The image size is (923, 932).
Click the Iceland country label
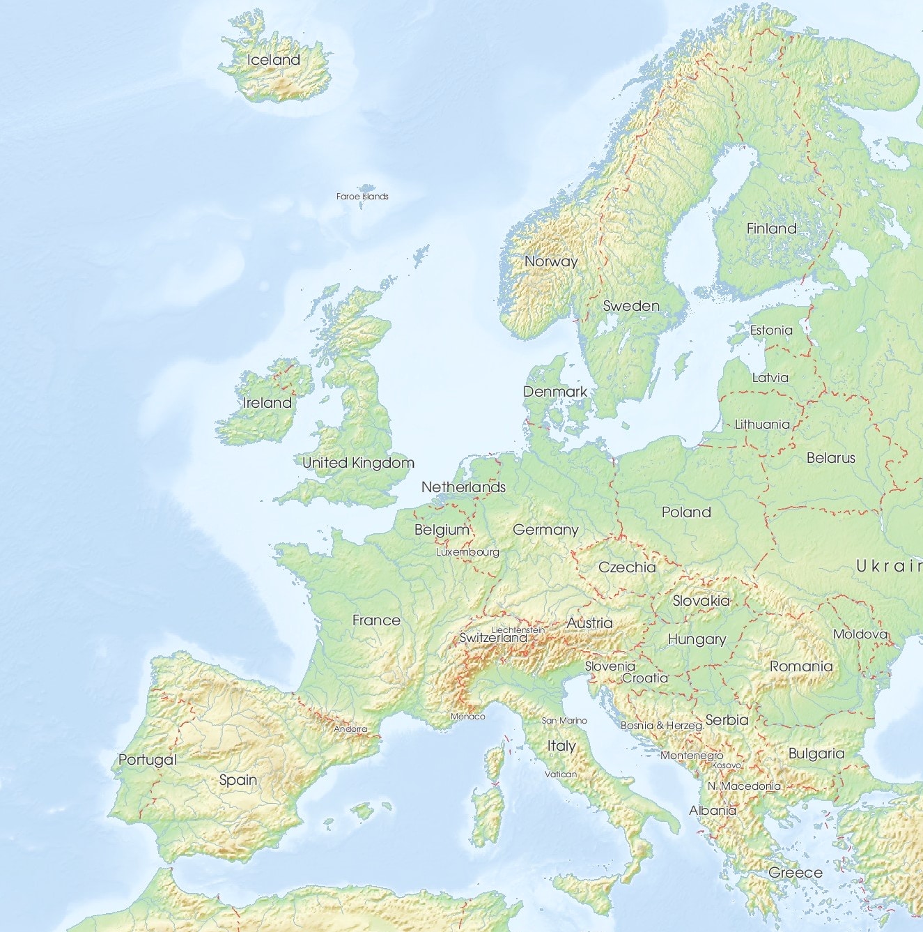coord(274,60)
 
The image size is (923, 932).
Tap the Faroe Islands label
coord(362,197)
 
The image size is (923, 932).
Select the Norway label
coord(551,261)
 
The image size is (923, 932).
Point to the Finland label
coord(771,228)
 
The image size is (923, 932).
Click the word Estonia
coord(771,330)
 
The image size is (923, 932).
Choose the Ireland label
coord(267,403)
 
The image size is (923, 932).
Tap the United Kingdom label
coord(358,463)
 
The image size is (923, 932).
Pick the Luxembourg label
coord(467,552)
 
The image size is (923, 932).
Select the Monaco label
coord(467,717)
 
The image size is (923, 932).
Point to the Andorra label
coord(350,729)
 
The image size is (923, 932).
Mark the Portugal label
coord(148,760)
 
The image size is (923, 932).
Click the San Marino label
coord(564,720)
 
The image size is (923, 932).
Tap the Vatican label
coord(561,774)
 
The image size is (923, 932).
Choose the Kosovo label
coord(727,765)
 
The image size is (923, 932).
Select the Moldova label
coord(860,634)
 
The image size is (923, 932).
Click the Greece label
coord(796,873)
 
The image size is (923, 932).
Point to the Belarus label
coord(830,458)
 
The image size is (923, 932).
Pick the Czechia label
coord(627,567)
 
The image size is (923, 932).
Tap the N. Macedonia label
coord(744,786)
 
